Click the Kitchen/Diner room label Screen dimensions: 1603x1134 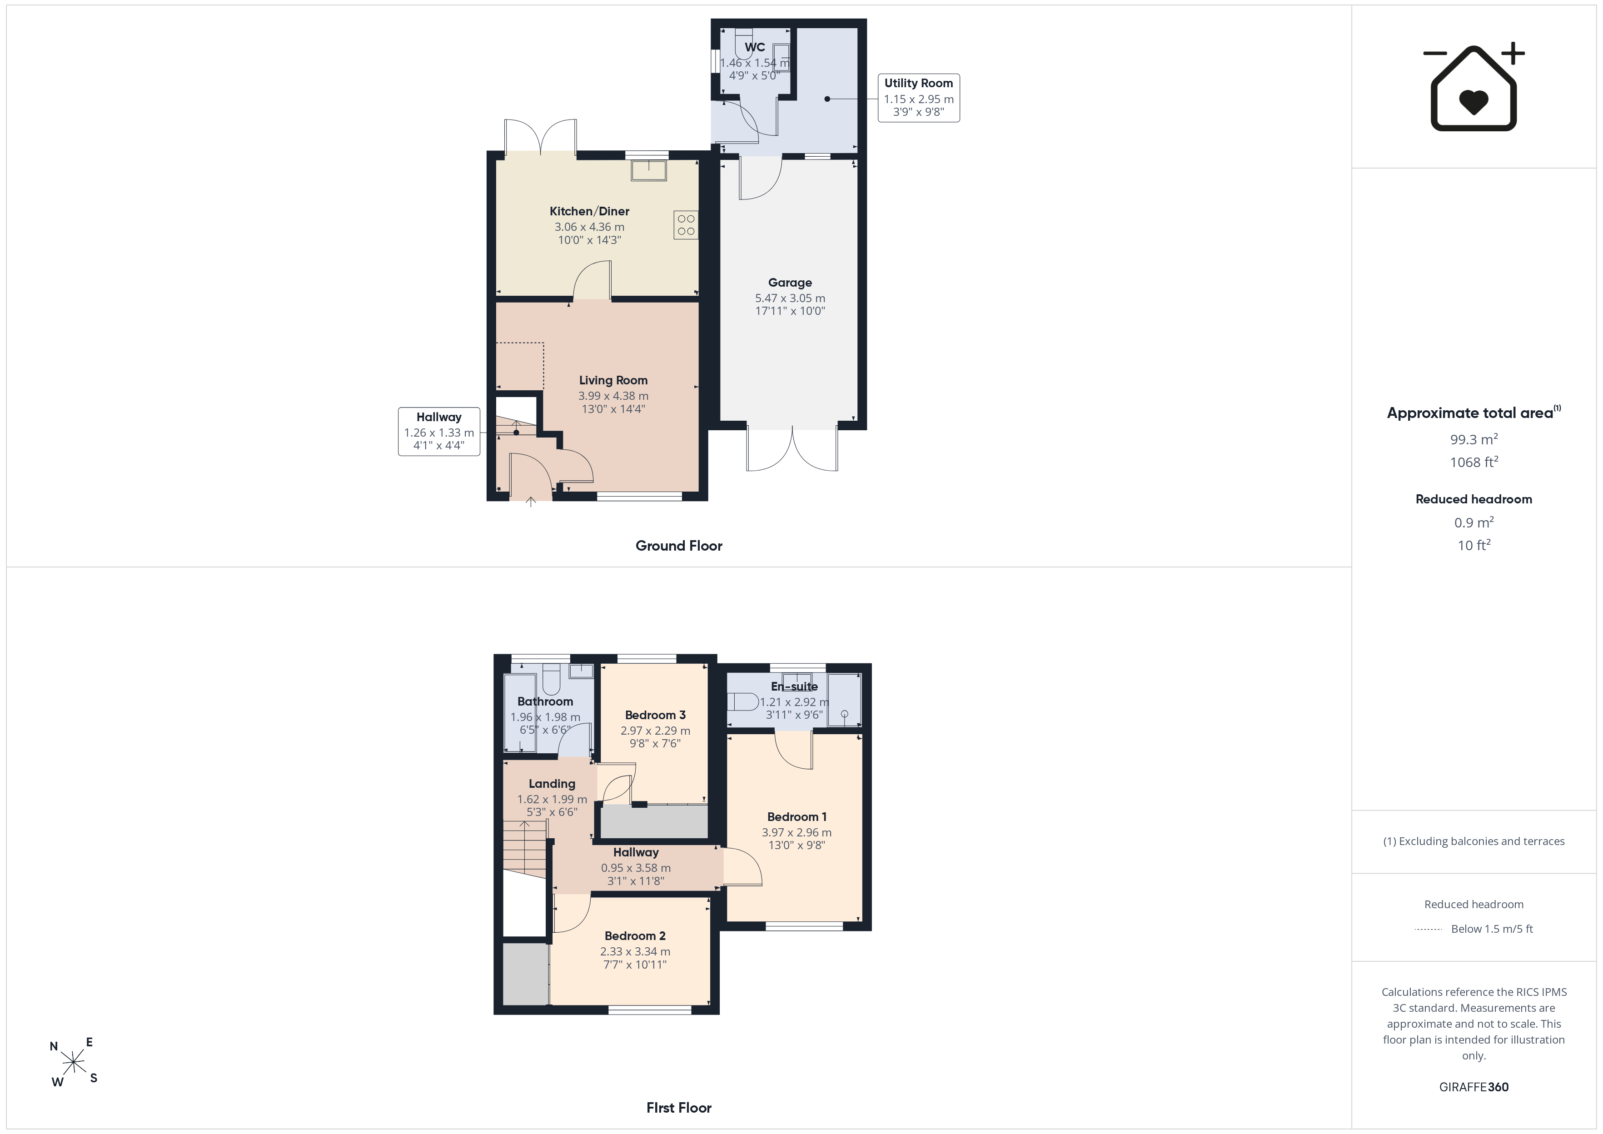589,211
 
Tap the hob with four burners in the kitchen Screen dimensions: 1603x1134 686,225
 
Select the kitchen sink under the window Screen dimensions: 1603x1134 648,170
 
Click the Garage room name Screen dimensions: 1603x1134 790,282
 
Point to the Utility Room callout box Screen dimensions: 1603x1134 918,98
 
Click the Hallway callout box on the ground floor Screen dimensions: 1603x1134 439,432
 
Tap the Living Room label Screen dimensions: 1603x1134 613,380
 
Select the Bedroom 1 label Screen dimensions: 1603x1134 797,816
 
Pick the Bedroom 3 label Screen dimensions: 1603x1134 655,714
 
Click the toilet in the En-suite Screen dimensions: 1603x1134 743,701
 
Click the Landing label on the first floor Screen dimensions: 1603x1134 552,783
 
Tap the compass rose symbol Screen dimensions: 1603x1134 73,1062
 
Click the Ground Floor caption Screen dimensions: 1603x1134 679,545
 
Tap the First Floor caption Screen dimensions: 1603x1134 679,1108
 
